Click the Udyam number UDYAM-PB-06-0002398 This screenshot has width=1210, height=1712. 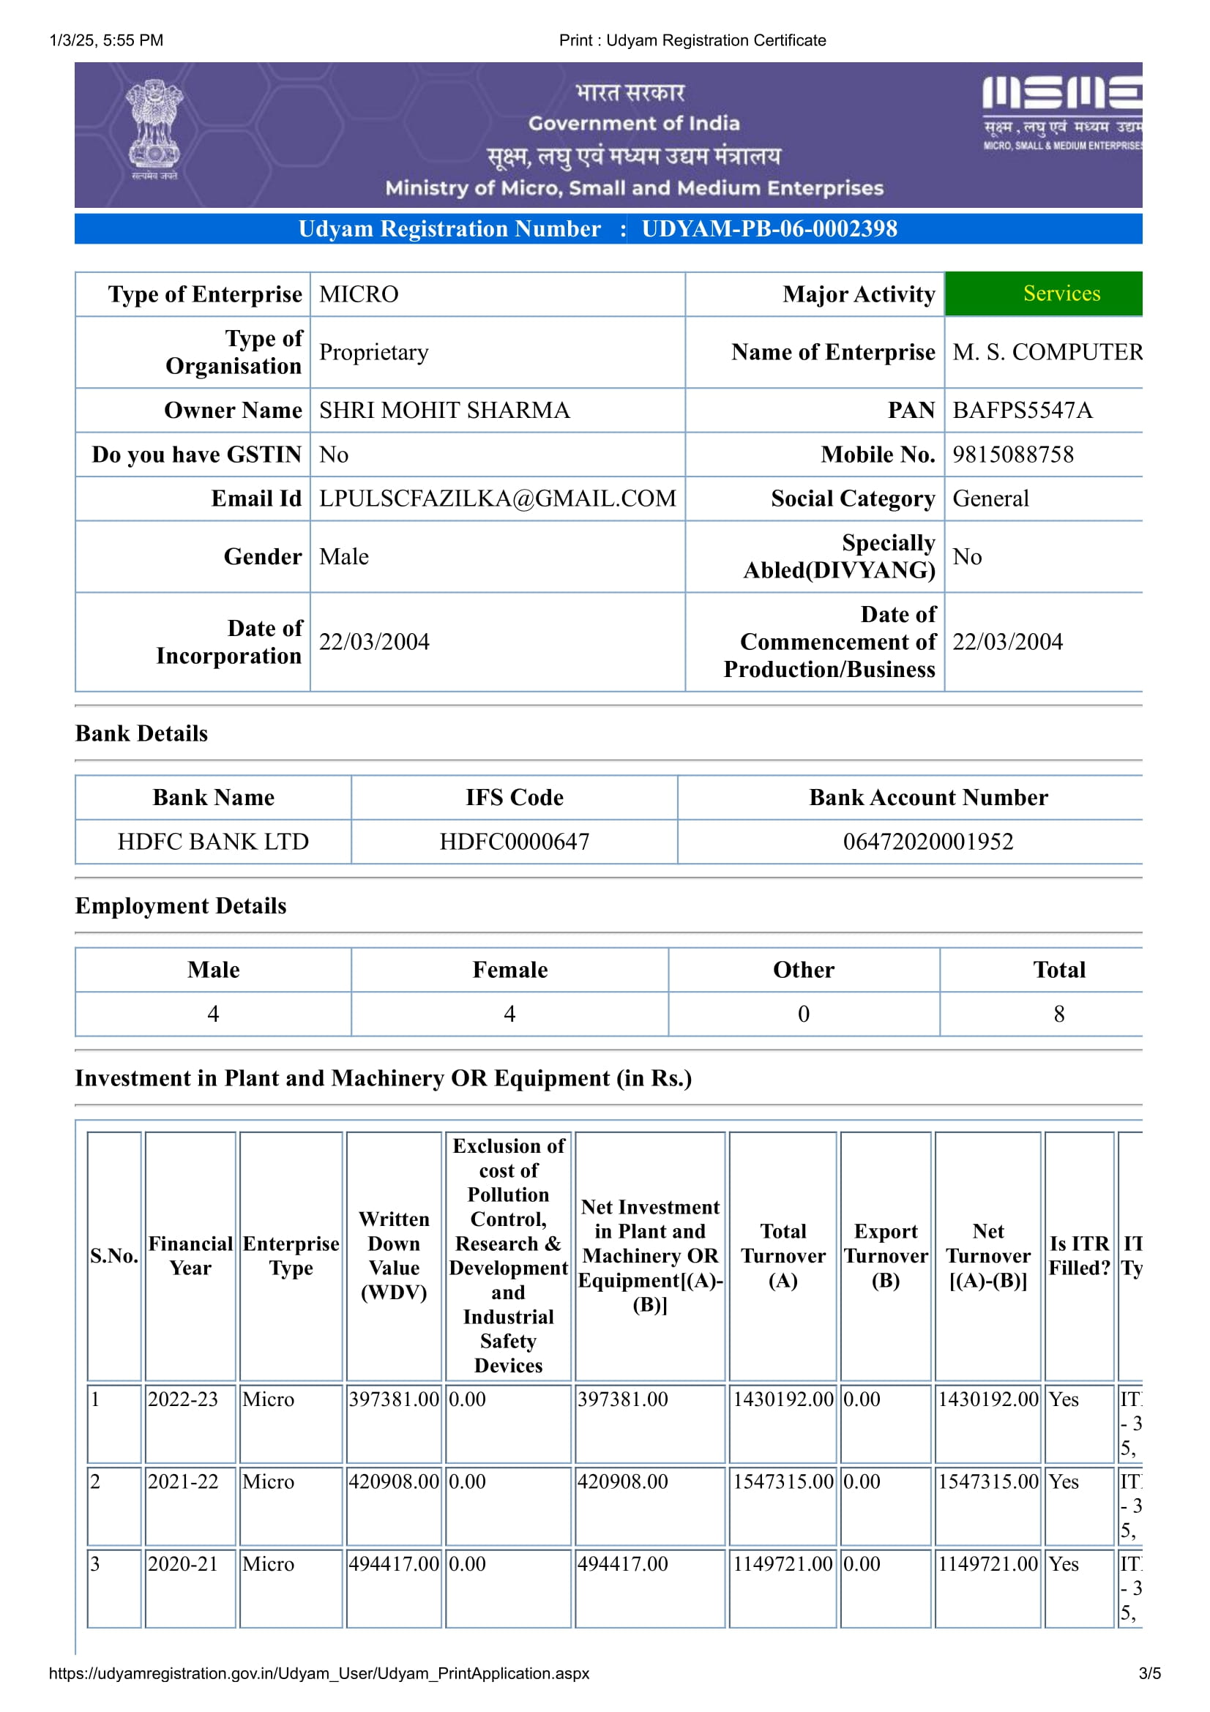(769, 229)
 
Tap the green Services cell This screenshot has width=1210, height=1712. (1061, 294)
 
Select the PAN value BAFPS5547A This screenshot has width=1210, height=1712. (1022, 410)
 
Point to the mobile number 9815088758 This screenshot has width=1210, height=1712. (1012, 454)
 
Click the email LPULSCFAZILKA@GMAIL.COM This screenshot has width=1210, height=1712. (497, 498)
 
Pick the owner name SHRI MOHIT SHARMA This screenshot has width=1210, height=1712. (444, 410)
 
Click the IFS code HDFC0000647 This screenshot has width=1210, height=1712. (515, 842)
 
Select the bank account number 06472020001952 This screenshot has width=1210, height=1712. (927, 842)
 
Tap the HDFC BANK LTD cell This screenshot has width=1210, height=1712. (213, 842)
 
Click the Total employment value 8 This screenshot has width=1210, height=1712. (1058, 1014)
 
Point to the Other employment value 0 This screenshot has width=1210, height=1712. (803, 1014)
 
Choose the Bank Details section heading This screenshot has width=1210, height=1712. (142, 733)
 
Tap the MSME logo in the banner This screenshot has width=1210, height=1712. (1061, 112)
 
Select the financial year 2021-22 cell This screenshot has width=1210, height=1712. (184, 1481)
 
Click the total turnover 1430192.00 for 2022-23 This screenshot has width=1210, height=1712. (783, 1399)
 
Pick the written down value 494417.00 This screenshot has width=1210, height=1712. (394, 1563)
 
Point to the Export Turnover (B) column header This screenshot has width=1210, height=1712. (886, 1256)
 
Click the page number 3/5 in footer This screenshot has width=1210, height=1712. (1149, 1673)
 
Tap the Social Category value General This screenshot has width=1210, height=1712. (990, 498)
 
